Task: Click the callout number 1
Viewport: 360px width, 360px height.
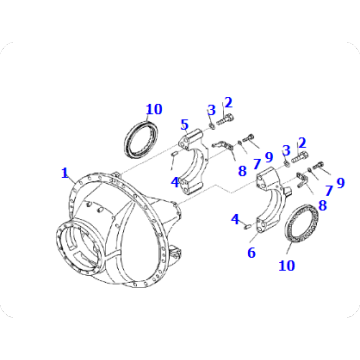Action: (x=65, y=172)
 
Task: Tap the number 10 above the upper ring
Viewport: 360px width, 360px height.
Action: (x=153, y=109)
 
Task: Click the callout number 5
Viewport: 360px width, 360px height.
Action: (x=185, y=125)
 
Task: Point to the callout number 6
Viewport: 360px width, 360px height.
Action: (x=252, y=253)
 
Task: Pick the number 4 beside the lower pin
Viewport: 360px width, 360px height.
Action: (x=235, y=218)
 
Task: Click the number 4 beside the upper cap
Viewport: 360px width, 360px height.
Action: (x=174, y=182)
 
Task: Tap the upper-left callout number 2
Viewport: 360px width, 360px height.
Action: (x=228, y=102)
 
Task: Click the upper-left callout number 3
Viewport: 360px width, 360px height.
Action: (x=211, y=109)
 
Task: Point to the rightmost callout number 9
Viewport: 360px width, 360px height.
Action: (x=339, y=183)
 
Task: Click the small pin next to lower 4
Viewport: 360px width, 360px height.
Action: (x=245, y=225)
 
